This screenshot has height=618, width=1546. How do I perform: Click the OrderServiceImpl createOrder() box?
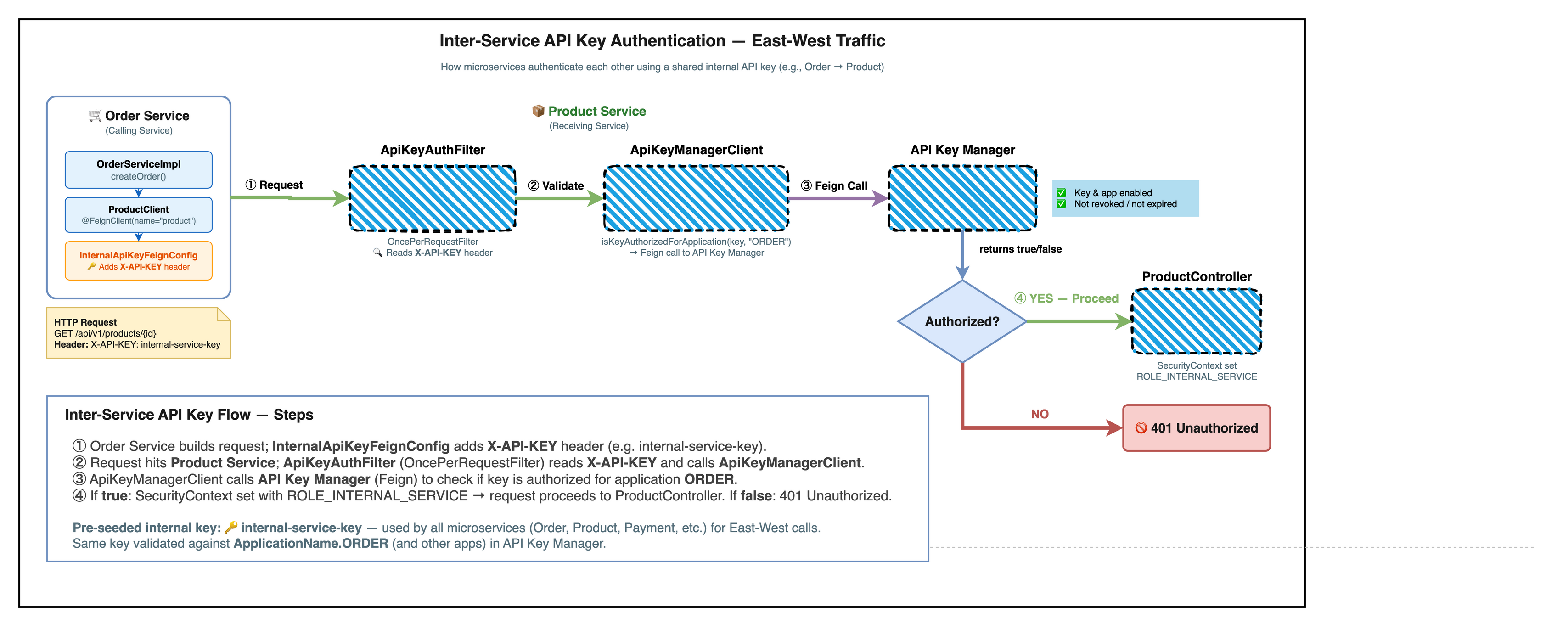(x=139, y=170)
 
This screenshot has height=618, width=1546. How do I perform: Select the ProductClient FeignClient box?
(x=139, y=215)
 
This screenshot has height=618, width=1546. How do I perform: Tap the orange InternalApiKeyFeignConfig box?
(x=139, y=261)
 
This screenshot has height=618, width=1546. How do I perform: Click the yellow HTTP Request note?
(x=138, y=334)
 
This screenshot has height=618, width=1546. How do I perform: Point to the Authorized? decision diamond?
(x=962, y=321)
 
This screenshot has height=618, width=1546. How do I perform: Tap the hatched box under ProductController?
(x=1196, y=321)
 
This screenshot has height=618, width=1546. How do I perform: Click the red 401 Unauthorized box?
(x=1196, y=428)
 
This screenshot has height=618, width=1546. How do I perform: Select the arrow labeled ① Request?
(x=288, y=197)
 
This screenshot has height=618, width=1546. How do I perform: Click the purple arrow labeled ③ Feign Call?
(x=838, y=198)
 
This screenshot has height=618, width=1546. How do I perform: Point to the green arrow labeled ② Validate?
(x=558, y=198)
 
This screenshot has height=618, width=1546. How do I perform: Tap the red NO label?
(x=1040, y=414)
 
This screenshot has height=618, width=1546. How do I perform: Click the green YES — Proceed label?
(x=1067, y=298)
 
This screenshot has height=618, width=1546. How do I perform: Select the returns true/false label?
(x=1020, y=249)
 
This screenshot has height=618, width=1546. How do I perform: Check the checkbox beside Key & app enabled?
(x=1061, y=192)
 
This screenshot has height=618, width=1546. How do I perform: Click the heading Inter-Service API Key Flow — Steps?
(x=189, y=415)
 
